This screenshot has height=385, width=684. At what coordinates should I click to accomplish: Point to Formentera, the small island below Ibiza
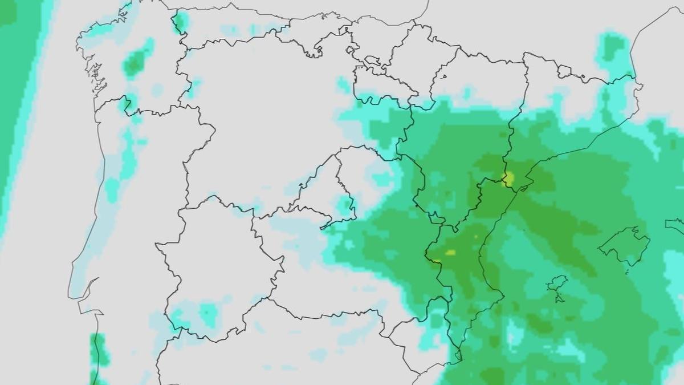[559, 298]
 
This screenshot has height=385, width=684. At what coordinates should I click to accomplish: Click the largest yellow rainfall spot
[507, 179]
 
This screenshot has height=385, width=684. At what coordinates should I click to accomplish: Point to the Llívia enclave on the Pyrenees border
[564, 71]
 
